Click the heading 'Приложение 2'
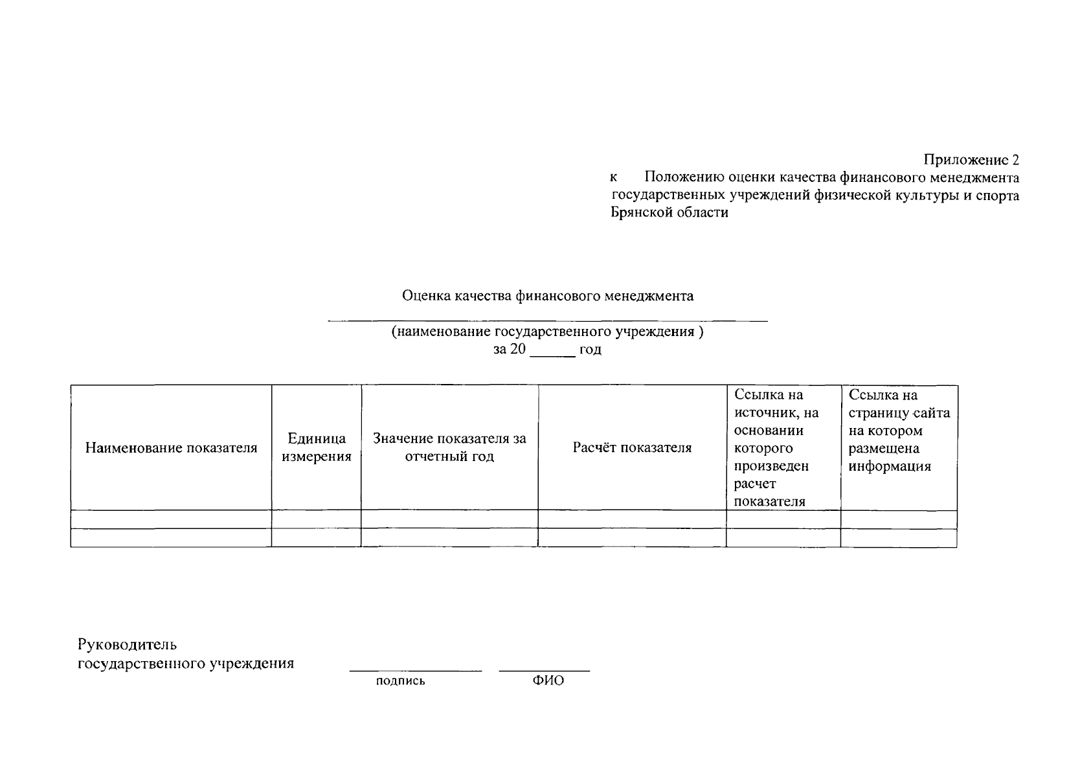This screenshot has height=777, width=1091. pyautogui.click(x=971, y=159)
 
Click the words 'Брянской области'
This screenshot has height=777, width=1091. pyautogui.click(x=669, y=212)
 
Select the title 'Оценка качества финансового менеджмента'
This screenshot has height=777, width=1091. pyautogui.click(x=547, y=296)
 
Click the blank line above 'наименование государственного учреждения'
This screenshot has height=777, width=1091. pyautogui.click(x=547, y=320)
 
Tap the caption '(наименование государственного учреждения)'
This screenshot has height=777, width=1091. pyautogui.click(x=547, y=332)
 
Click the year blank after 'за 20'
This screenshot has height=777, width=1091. pyautogui.click(x=552, y=354)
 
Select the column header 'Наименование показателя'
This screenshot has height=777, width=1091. pyautogui.click(x=171, y=447)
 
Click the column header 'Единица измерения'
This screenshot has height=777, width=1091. pyautogui.click(x=316, y=447)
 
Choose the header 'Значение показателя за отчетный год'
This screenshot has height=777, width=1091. pyautogui.click(x=449, y=447)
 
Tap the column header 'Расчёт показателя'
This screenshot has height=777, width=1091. pyautogui.click(x=632, y=447)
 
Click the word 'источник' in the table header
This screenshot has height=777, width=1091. pyautogui.click(x=767, y=413)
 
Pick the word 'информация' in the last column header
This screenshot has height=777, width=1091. pyautogui.click(x=890, y=466)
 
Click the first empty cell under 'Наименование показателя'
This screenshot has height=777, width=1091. pyautogui.click(x=171, y=519)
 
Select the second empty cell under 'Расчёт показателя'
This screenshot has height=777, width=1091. pyautogui.click(x=632, y=538)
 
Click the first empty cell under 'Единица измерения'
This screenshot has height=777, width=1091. pyautogui.click(x=316, y=519)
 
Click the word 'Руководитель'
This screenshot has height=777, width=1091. pyautogui.click(x=127, y=645)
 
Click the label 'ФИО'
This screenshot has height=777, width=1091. pyautogui.click(x=548, y=681)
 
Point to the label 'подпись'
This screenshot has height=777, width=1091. pyautogui.click(x=400, y=681)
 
